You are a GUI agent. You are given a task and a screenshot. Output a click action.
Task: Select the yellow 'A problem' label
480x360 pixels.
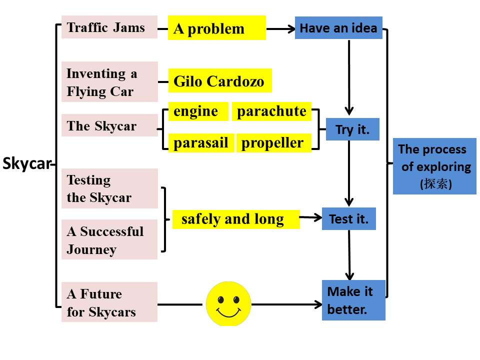pyautogui.click(x=216, y=28)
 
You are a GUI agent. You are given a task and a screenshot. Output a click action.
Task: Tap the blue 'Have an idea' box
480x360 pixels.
pyautogui.click(x=338, y=28)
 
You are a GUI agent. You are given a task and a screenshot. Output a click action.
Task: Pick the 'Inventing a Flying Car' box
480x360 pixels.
pyautogui.click(x=109, y=82)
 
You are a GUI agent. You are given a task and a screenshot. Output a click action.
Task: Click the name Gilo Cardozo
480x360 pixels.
pyautogui.click(x=219, y=80)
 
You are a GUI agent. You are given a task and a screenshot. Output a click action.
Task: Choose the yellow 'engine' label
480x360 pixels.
pyautogui.click(x=198, y=111)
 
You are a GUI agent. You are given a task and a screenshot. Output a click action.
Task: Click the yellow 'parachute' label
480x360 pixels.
pyautogui.click(x=271, y=111)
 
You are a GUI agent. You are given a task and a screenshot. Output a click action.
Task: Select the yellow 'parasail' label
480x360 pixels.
pyautogui.click(x=201, y=142)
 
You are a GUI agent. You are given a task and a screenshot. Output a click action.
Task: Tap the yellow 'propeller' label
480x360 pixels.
pyautogui.click(x=273, y=142)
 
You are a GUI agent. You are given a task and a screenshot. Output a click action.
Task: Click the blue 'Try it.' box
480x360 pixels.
pyautogui.click(x=352, y=129)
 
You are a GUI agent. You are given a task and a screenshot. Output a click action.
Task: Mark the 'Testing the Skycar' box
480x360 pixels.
pyautogui.click(x=109, y=188)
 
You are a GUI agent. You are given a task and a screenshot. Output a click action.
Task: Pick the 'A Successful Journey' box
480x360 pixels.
pyautogui.click(x=109, y=239)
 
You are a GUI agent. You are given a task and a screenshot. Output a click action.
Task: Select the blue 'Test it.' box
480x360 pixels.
pyautogui.click(x=348, y=218)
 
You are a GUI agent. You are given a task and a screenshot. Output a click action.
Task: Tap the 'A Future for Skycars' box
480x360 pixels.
pyautogui.click(x=109, y=302)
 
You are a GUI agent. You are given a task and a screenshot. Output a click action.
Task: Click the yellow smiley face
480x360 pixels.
pyautogui.click(x=228, y=303)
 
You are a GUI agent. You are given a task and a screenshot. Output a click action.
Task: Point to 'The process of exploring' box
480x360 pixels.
pyautogui.click(x=434, y=166)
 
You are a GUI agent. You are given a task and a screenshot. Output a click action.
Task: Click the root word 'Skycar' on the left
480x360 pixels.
pyautogui.click(x=26, y=164)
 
